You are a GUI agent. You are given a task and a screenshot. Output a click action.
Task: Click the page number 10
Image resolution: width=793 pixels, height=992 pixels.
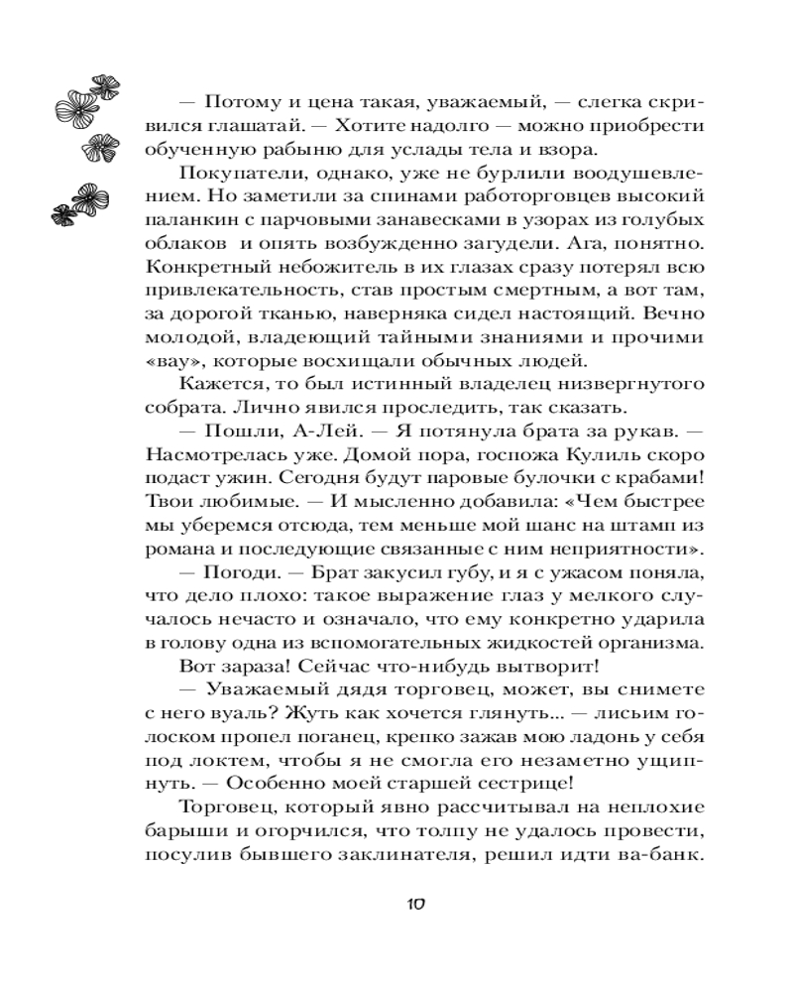click(416, 904)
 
